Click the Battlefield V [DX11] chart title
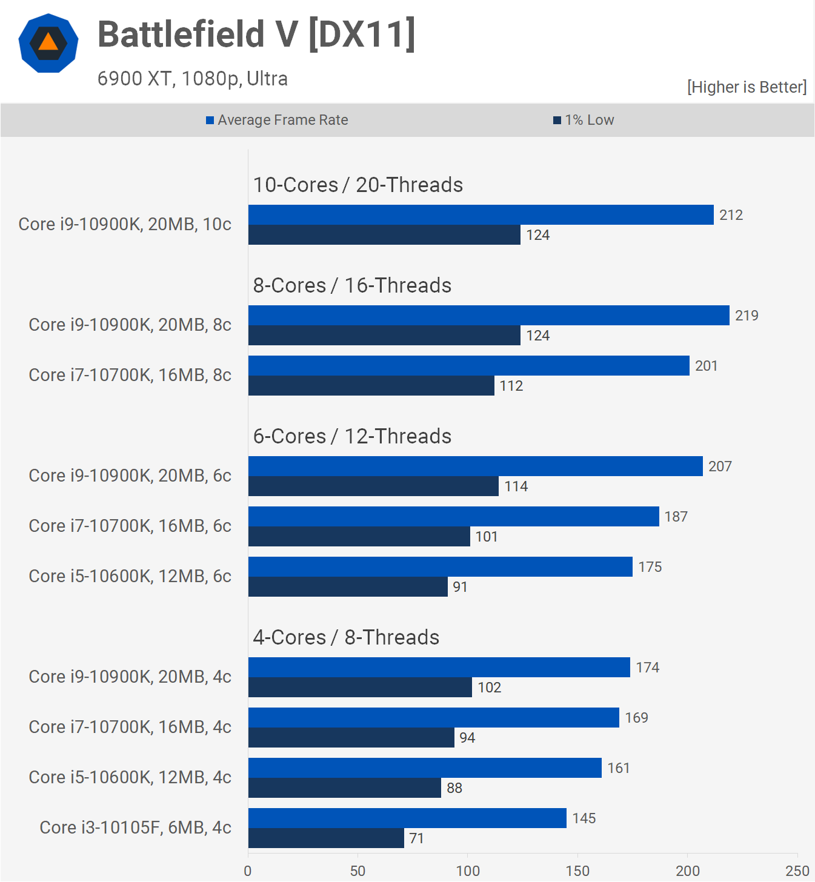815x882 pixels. tap(256, 34)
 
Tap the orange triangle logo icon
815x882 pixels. tap(48, 42)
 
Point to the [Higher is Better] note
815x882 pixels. tap(747, 87)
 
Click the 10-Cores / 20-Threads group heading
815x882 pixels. tap(358, 185)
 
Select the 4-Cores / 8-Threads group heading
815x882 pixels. tap(346, 637)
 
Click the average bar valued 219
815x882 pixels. tap(488, 316)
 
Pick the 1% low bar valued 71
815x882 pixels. tap(326, 838)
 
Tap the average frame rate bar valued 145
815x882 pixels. tap(407, 818)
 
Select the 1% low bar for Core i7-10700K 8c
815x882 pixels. tap(371, 386)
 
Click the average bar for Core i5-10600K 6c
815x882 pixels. tap(440, 567)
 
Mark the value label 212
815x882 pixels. tap(731, 215)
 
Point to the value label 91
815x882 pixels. tap(460, 587)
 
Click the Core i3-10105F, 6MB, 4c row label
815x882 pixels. tap(135, 827)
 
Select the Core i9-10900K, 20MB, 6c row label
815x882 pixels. tap(130, 476)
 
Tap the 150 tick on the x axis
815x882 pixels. tap(577, 871)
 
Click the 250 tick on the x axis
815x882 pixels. tap(797, 871)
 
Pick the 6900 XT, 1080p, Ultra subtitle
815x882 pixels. tap(193, 79)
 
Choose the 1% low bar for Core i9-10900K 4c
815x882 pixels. tap(360, 688)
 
